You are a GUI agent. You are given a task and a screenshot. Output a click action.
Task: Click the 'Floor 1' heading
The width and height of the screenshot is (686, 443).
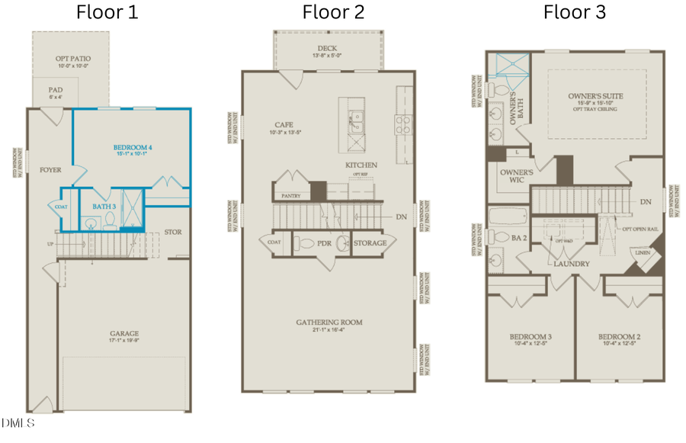[107, 12]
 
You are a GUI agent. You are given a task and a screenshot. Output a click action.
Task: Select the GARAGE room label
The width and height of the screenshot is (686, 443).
[123, 333]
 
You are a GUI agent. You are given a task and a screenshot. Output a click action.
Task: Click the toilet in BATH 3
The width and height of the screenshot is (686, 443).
[109, 220]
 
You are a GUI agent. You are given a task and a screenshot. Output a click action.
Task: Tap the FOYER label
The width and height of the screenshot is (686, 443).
[50, 170]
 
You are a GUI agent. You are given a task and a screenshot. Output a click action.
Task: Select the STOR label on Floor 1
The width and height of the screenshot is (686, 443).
[173, 232]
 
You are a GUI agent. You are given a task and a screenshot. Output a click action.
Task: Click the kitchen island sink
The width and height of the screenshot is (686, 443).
[355, 118]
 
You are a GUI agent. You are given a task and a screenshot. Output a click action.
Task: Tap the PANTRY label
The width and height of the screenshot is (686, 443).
[290, 195]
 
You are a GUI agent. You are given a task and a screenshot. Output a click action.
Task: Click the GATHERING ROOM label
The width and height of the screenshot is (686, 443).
[329, 323]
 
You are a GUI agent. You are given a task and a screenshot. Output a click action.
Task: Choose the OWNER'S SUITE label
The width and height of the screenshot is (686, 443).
[595, 97]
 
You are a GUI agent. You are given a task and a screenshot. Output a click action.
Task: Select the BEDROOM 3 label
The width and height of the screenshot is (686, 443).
[531, 337]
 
